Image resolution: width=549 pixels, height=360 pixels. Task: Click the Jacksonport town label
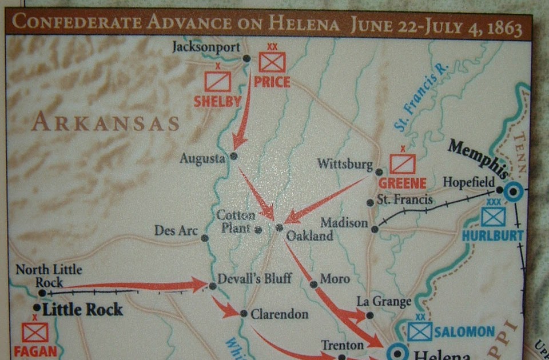206,47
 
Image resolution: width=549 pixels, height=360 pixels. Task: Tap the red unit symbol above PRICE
272,62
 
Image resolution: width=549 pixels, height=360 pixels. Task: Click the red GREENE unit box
403,164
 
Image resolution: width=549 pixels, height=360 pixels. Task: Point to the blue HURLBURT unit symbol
493,217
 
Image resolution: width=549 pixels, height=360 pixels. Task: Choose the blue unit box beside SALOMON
420,331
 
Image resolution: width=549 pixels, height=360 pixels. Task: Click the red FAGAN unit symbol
35,332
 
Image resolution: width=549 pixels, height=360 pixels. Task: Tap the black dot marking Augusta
233,155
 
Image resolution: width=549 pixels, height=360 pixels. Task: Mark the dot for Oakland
279,227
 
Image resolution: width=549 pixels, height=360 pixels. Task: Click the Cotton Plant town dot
258,230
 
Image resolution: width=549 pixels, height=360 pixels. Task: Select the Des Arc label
176,230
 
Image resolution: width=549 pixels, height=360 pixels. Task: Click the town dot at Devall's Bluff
213,286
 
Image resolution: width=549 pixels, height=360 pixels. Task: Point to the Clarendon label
280,314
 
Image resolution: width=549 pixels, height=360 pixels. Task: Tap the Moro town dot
313,284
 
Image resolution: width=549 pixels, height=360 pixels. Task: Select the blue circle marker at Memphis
513,192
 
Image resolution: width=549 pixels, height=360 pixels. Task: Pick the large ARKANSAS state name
105,123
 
